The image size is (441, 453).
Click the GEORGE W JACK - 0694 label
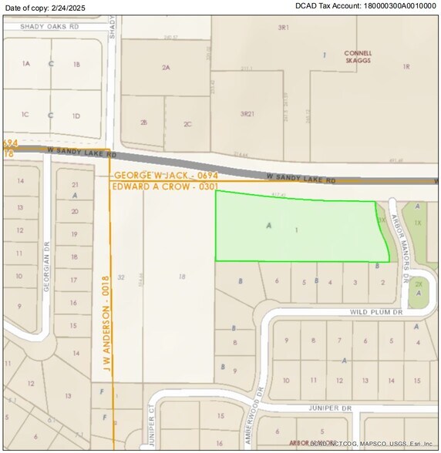[166, 176]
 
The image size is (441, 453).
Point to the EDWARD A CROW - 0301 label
[166, 186]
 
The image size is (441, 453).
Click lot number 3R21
[247, 114]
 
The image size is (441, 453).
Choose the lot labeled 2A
[165, 68]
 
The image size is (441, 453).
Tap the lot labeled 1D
[76, 116]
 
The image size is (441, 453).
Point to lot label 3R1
[283, 27]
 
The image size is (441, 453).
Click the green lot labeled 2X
[418, 284]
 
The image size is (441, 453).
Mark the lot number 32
[121, 277]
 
